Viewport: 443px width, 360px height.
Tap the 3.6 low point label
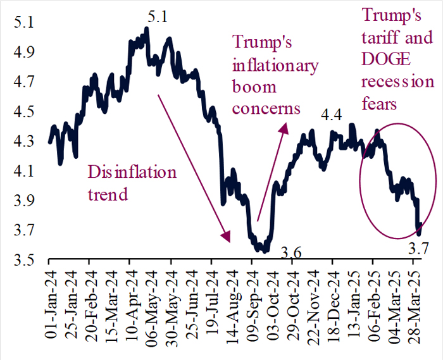click(x=292, y=254)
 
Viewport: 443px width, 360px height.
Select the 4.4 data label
click(x=332, y=115)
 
